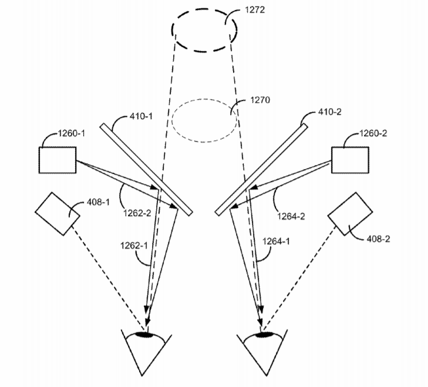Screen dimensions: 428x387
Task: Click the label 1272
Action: click(x=255, y=10)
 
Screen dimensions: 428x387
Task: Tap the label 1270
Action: click(x=260, y=100)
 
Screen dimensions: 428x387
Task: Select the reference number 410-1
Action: click(x=141, y=116)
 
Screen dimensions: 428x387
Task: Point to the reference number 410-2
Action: click(x=330, y=112)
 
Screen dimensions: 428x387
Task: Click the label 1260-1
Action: click(x=71, y=133)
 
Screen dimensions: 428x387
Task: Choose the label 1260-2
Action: click(x=373, y=133)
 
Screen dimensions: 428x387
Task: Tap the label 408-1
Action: click(x=98, y=202)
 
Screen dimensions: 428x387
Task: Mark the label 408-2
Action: click(x=378, y=239)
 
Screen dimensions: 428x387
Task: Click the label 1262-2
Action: click(x=137, y=213)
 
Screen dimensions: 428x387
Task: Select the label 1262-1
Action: click(x=134, y=245)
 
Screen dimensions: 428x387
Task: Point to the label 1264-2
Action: click(x=291, y=216)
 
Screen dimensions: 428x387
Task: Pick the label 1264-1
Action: click(x=276, y=241)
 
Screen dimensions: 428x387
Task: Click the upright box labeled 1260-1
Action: click(x=58, y=160)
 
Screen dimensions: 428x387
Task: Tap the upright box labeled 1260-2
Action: click(x=350, y=160)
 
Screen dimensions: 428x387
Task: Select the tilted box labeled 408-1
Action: click(x=58, y=214)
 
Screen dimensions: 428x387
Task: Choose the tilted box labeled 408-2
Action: click(x=350, y=214)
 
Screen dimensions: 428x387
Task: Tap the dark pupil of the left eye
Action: click(x=144, y=335)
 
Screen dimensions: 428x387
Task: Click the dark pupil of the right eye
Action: click(x=264, y=334)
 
